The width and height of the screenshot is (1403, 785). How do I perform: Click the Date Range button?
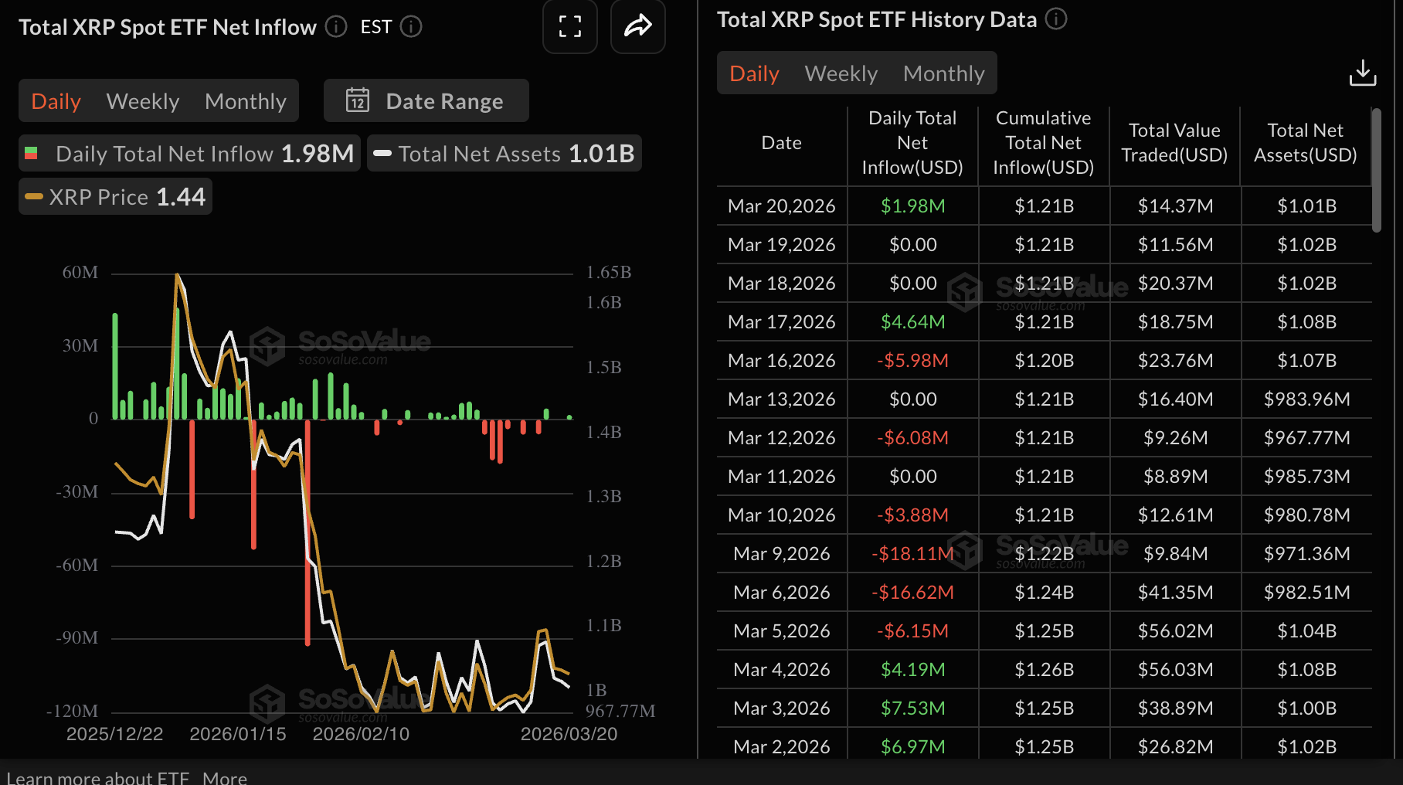click(426, 101)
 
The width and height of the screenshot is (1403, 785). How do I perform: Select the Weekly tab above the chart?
click(143, 101)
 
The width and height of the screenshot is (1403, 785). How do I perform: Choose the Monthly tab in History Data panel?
click(943, 73)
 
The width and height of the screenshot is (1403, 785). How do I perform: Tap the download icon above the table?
click(1362, 73)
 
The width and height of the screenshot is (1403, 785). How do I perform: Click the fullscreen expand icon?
click(570, 27)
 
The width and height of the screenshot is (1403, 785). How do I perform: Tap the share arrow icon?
click(638, 27)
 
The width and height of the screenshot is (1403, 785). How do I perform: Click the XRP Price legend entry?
click(116, 197)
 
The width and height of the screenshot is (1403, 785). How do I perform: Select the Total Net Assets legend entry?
click(504, 154)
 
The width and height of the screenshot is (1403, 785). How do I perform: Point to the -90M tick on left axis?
click(77, 638)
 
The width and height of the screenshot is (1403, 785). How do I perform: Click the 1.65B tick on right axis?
click(609, 272)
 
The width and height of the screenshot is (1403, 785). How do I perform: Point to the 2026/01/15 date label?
click(238, 734)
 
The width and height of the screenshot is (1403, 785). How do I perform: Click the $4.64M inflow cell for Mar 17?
click(912, 322)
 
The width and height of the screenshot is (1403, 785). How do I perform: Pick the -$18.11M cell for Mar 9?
click(912, 554)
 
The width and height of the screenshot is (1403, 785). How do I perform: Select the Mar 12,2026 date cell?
click(781, 438)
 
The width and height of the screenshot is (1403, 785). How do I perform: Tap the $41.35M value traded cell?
click(1175, 593)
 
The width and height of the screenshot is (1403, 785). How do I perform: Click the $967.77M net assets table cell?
click(1306, 438)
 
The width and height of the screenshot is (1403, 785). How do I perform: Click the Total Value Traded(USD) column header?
click(1174, 143)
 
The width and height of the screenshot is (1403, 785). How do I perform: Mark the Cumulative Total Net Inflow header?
click(1043, 143)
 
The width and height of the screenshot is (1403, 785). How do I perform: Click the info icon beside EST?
click(411, 27)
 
